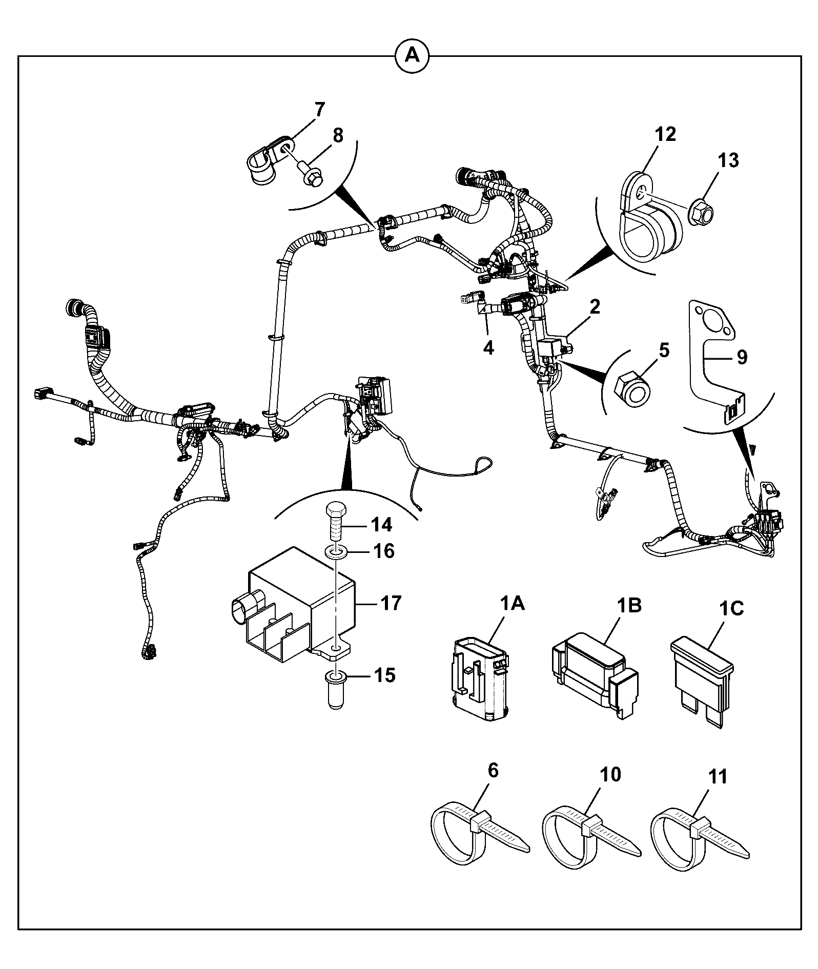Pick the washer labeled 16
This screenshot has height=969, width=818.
(335, 553)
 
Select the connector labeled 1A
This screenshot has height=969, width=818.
(480, 679)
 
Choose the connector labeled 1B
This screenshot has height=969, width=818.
(594, 679)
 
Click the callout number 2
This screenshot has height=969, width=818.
(595, 307)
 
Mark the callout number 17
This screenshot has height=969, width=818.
(391, 603)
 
